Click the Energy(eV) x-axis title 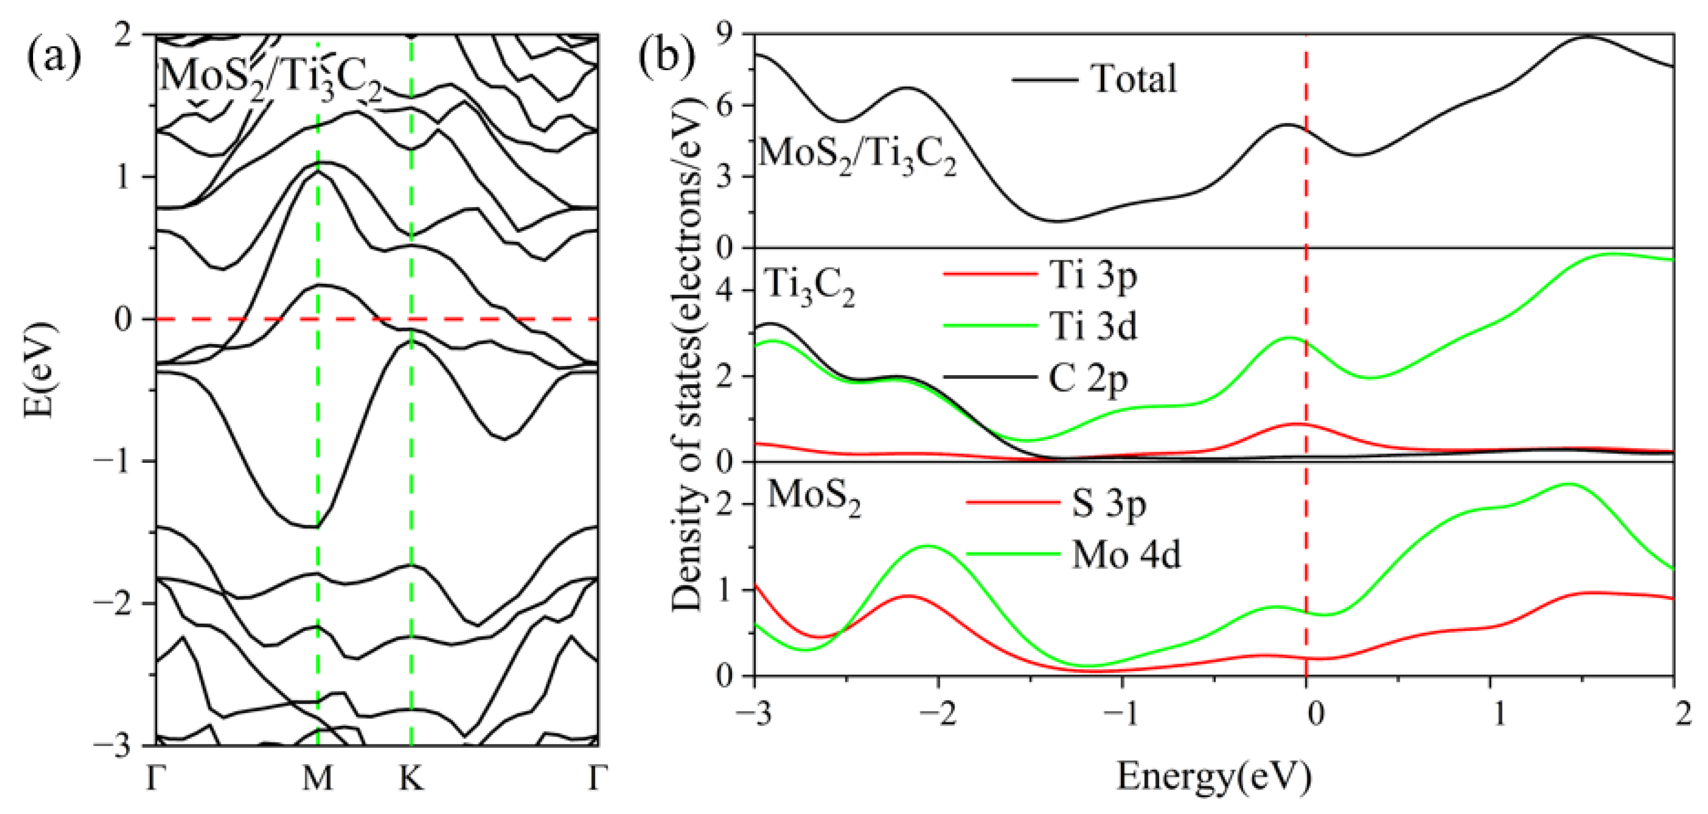pos(1214,777)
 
